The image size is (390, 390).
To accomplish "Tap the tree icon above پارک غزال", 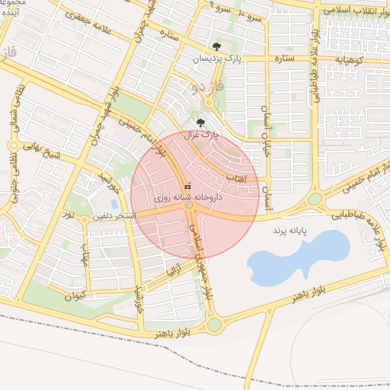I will click(x=200, y=122).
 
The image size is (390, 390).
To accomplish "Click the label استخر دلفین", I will click(x=113, y=216).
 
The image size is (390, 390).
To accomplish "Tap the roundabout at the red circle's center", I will click(x=189, y=204).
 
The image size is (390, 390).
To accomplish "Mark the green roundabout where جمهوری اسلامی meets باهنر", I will click(x=214, y=325).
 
